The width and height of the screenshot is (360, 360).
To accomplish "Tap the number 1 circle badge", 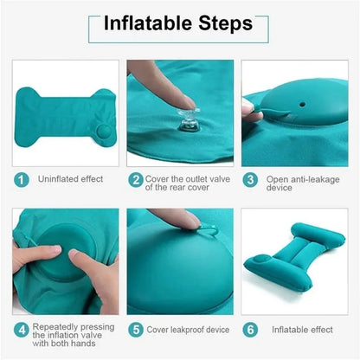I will pos(21,179).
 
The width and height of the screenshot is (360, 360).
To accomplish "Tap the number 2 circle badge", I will pos(136,179).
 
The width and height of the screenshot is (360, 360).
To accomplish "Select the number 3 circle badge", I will pos(250,179).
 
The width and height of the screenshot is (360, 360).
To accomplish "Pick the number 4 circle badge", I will pos(21,330).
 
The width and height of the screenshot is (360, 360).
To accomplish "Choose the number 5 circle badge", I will pos(136,330).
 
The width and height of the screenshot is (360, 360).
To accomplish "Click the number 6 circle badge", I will pos(250,330).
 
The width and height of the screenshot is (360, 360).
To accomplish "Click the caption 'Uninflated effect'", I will pos(70,179).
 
